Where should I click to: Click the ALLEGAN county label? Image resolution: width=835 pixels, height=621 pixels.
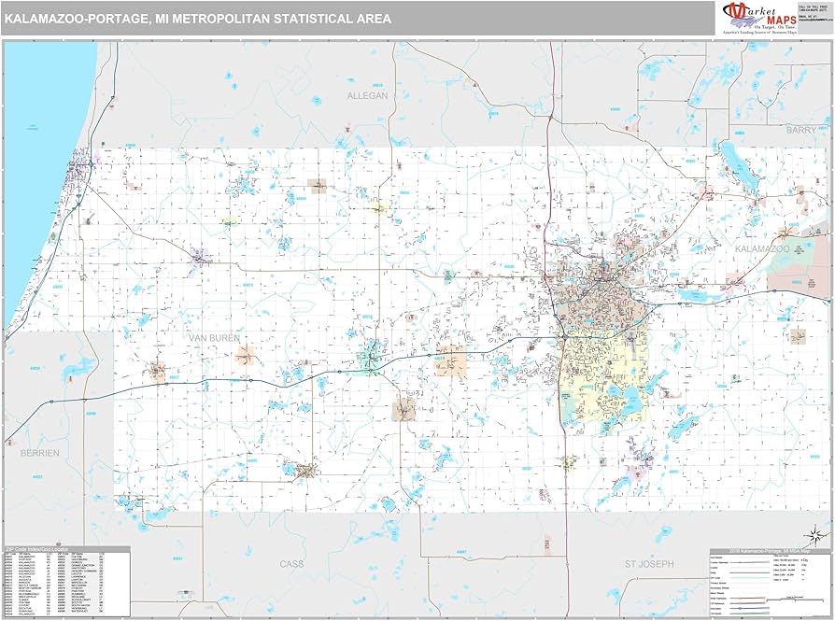(x=367, y=95)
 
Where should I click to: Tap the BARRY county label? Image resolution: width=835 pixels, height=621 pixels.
(x=800, y=130)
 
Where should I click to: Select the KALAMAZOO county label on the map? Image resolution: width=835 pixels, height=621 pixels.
(x=762, y=250)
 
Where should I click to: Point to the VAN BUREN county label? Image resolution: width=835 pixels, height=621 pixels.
(x=213, y=337)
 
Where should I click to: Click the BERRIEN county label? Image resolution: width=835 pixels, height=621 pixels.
(x=39, y=452)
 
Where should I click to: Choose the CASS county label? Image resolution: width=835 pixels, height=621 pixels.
(x=292, y=564)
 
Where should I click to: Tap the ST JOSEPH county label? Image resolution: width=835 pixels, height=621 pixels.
(x=648, y=564)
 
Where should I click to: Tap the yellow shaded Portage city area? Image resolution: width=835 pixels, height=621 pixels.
(x=602, y=374)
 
